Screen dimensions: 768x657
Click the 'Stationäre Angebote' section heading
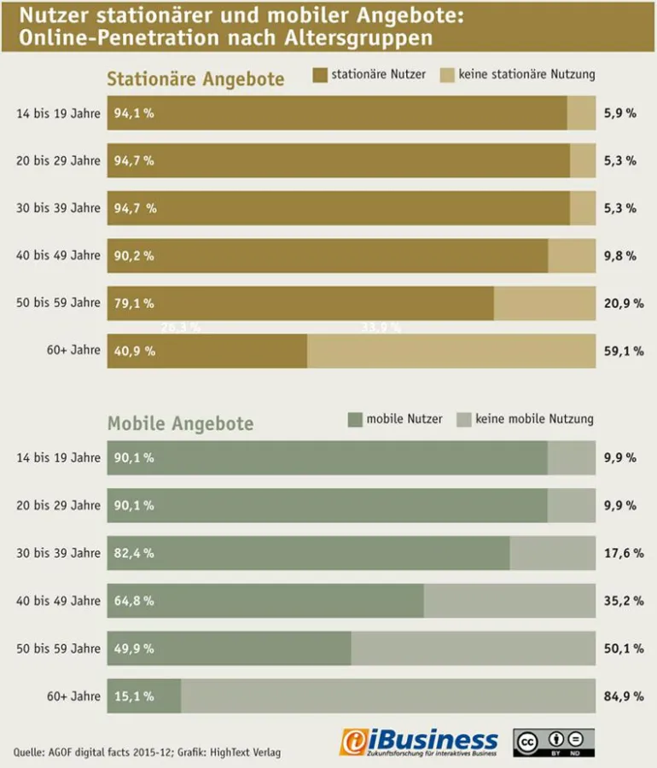coord(195,79)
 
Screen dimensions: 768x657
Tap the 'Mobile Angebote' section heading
coord(180,424)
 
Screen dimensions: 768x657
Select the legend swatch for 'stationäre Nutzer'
coord(320,75)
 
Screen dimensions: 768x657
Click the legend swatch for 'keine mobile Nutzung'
coord(464,419)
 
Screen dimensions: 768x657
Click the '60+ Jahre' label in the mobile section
coord(73,696)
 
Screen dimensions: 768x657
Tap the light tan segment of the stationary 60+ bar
coord(451,351)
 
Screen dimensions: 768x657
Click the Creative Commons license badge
coord(553,742)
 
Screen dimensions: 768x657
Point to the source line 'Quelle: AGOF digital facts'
coord(147,752)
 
